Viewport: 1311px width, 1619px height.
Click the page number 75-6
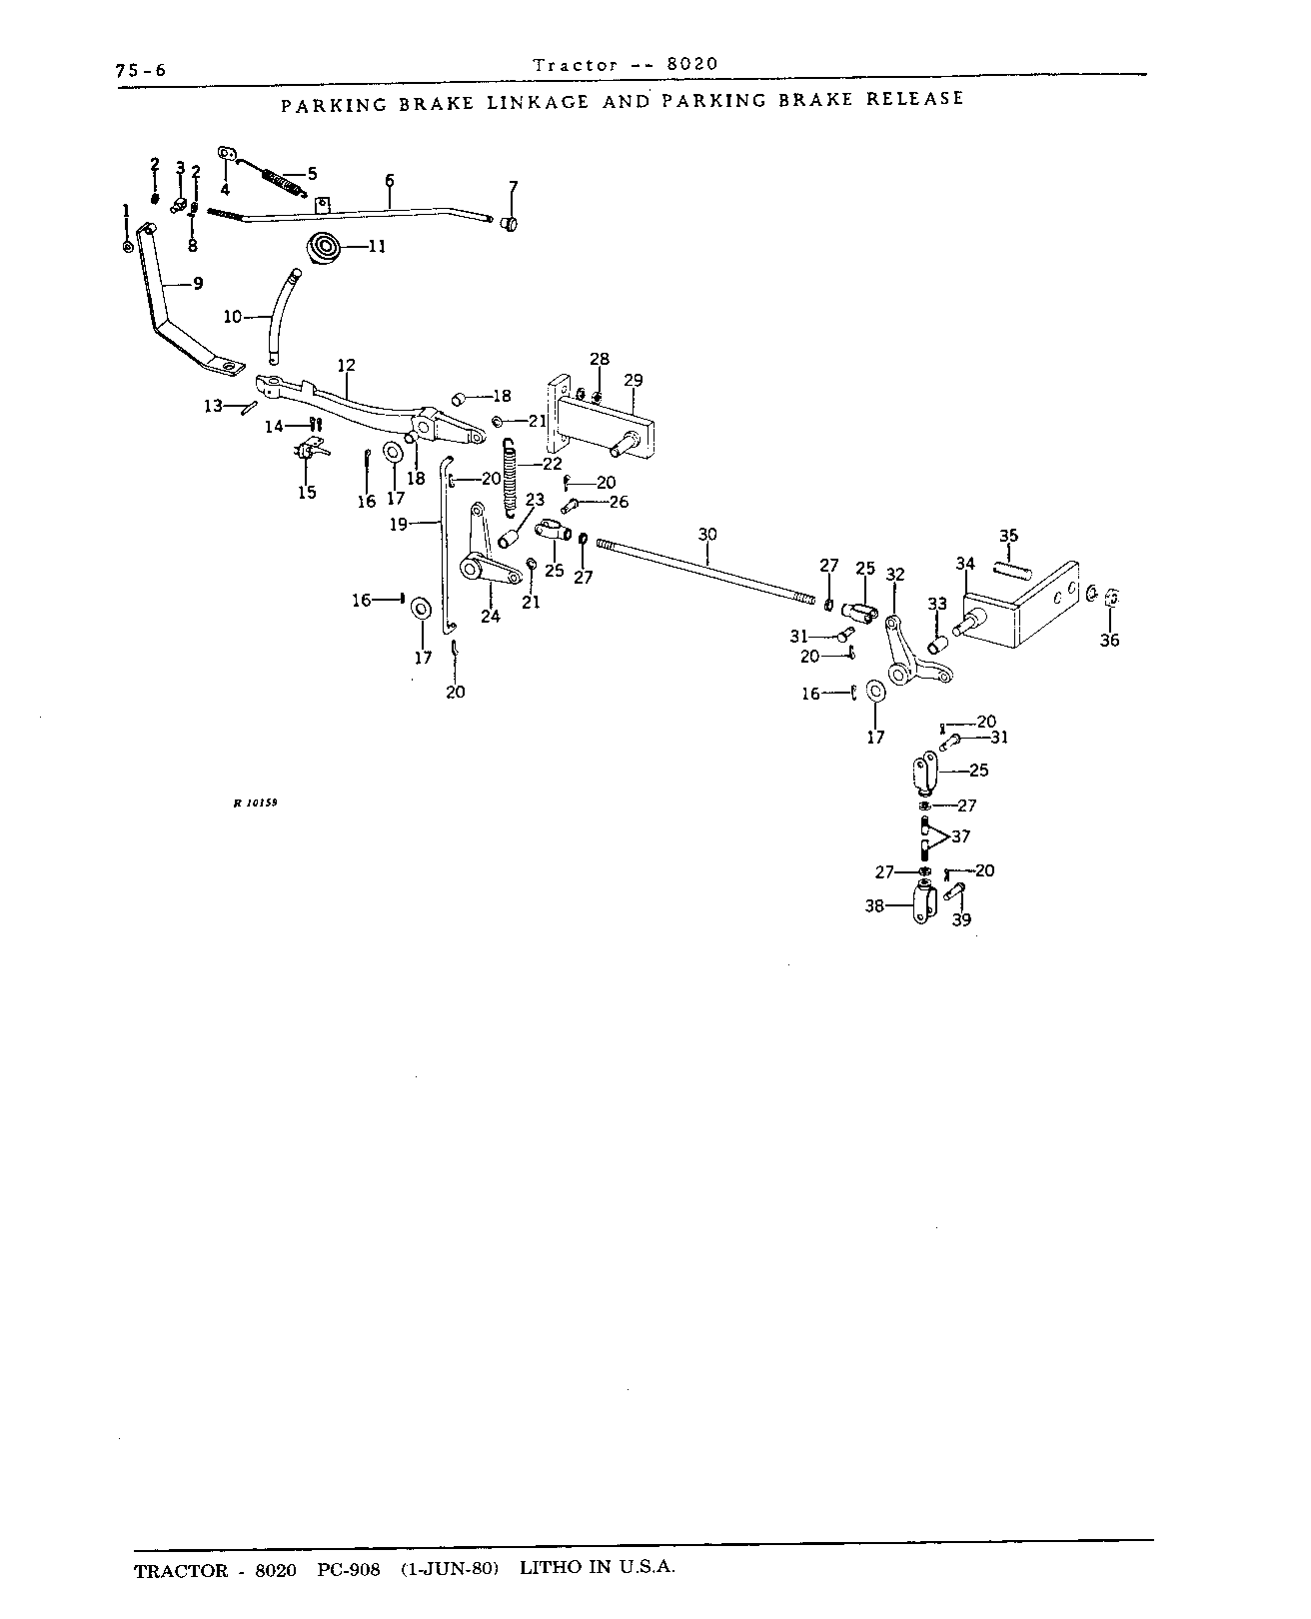coord(141,71)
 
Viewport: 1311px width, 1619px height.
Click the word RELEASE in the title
coord(915,99)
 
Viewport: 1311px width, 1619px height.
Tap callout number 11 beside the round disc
coord(378,246)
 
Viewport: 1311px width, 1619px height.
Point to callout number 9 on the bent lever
coord(199,284)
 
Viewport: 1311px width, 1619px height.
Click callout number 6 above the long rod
coord(389,181)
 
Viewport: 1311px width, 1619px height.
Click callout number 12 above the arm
coord(347,366)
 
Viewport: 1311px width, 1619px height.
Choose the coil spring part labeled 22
coord(510,478)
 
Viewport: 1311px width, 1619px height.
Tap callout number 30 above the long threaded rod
coord(707,535)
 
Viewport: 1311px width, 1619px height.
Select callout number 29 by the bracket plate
coord(634,380)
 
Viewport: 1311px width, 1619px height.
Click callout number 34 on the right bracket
coord(965,564)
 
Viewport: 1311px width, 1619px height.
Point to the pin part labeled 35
coord(1013,570)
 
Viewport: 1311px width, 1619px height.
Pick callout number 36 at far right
coord(1109,640)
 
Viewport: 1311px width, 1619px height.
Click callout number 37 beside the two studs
coord(960,836)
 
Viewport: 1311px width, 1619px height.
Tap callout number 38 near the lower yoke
coord(874,906)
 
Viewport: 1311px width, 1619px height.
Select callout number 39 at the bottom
coord(962,919)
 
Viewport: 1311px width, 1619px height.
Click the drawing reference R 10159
coord(256,803)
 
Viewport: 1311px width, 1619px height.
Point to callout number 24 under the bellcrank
coord(491,617)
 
